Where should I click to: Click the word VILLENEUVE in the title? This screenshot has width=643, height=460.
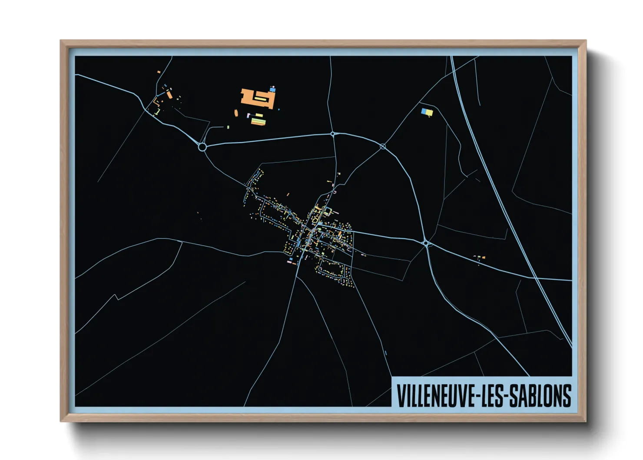click(x=435, y=396)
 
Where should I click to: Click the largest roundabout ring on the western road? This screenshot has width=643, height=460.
click(x=202, y=147)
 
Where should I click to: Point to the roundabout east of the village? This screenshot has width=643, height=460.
click(x=426, y=243)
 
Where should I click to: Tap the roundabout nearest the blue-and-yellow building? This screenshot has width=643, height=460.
click(x=383, y=147)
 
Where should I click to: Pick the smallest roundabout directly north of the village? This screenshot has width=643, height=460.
click(x=333, y=134)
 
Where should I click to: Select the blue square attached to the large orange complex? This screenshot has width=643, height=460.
click(x=273, y=90)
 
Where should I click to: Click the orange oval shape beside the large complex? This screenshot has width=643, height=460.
click(x=236, y=113)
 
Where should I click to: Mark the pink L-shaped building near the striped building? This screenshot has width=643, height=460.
click(x=249, y=116)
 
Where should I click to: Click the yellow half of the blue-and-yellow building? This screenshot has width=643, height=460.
click(x=429, y=113)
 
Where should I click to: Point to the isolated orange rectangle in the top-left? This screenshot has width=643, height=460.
click(x=159, y=72)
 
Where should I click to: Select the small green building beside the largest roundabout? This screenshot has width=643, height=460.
click(x=228, y=127)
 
